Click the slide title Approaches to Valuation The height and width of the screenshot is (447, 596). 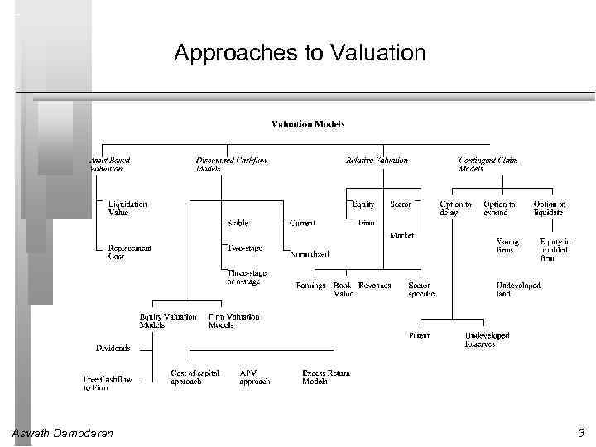(x=299, y=54)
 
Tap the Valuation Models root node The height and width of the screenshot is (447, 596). (x=308, y=124)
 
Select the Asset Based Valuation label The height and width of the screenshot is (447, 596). (x=109, y=165)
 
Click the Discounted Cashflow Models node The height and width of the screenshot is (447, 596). (x=231, y=165)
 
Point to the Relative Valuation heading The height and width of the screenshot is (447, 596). (x=376, y=161)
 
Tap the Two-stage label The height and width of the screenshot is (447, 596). (x=246, y=248)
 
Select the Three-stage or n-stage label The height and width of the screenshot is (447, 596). (x=245, y=276)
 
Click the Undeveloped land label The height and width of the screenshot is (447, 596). (x=518, y=289)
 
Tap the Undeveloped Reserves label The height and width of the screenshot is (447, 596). (x=487, y=339)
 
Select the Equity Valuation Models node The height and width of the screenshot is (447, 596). (x=168, y=321)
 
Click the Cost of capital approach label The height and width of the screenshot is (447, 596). (x=195, y=377)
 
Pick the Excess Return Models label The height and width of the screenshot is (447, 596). (x=326, y=377)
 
